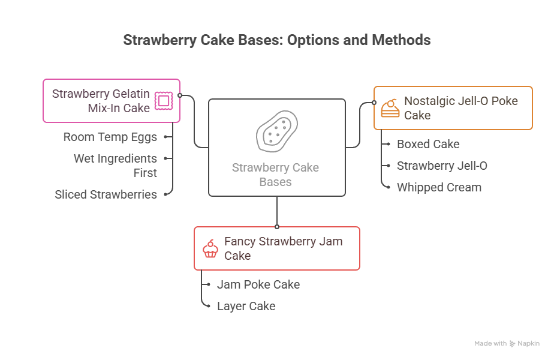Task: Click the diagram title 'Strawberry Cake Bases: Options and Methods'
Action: tap(277, 40)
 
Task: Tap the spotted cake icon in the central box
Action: tap(276, 130)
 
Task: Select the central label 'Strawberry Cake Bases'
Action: tap(276, 174)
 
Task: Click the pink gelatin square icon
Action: tap(163, 100)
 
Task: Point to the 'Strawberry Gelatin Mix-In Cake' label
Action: tap(101, 101)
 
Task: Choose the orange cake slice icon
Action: tap(390, 108)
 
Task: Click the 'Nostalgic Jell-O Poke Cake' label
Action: tap(460, 108)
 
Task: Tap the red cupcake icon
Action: tap(210, 248)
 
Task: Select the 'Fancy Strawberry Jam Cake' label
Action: tap(283, 248)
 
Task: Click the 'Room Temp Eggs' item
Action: tap(110, 137)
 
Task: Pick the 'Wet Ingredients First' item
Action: tap(116, 166)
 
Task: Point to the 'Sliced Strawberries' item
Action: tap(106, 194)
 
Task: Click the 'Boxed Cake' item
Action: tap(428, 144)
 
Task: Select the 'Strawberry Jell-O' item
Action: tap(442, 166)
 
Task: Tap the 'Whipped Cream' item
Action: tap(439, 187)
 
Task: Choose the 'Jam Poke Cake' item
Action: tap(258, 284)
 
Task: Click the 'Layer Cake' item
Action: tap(246, 306)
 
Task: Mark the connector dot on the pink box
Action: tap(180, 95)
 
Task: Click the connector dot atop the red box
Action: tap(277, 227)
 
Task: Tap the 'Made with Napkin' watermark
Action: tap(507, 344)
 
